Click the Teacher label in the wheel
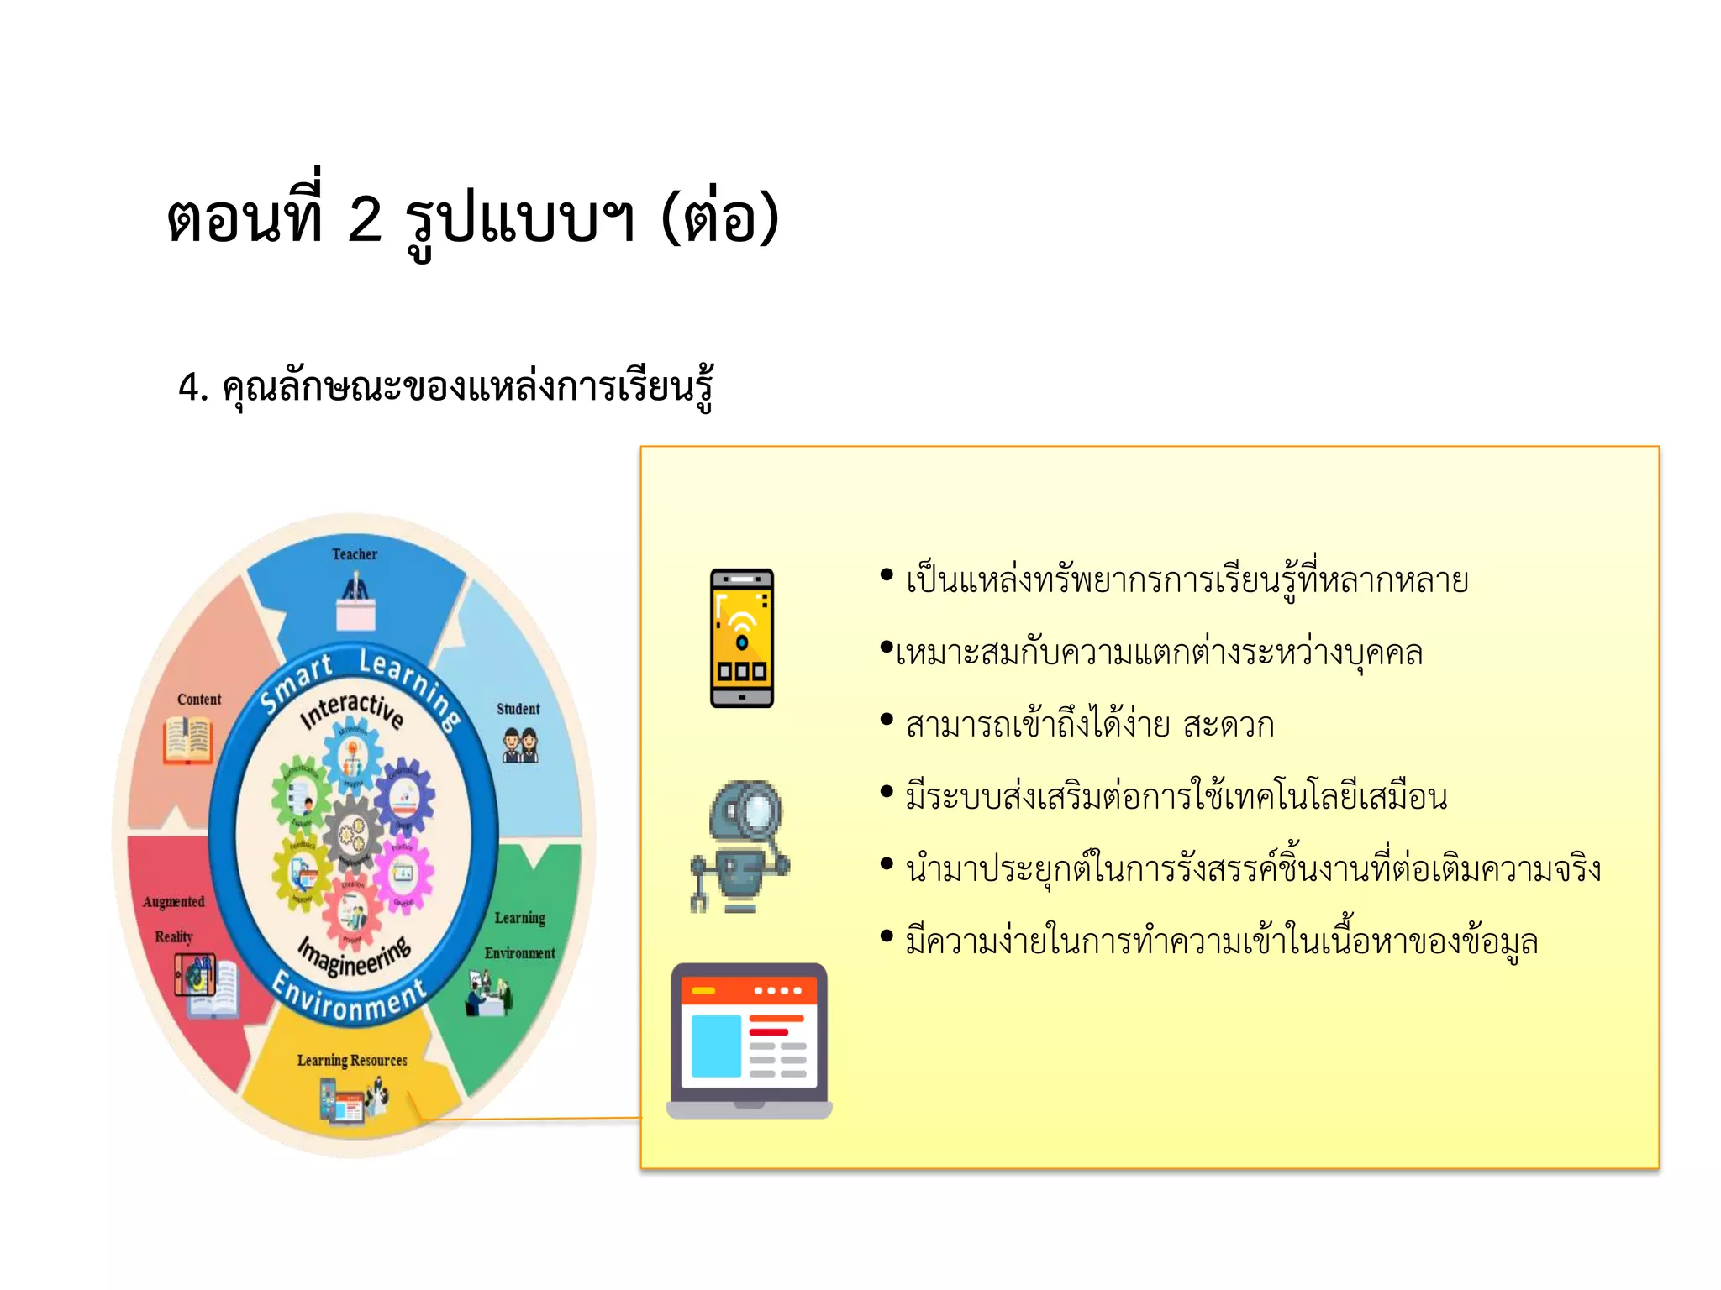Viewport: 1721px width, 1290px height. pyautogui.click(x=354, y=554)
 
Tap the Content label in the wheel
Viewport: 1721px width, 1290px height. pyautogui.click(x=199, y=700)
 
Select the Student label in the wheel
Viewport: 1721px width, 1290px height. pyautogui.click(x=518, y=709)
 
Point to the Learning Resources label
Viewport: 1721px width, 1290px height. pyautogui.click(x=352, y=1060)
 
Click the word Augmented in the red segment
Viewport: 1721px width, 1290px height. pyautogui.click(x=174, y=902)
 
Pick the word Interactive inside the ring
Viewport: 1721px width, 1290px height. pyautogui.click(x=352, y=711)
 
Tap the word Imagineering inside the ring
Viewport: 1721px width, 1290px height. pyautogui.click(x=355, y=956)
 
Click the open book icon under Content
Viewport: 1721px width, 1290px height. pyautogui.click(x=188, y=740)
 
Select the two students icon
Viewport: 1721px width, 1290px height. pyautogui.click(x=520, y=745)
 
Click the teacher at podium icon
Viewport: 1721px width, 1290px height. pyautogui.click(x=355, y=600)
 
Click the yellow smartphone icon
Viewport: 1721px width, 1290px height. pyautogui.click(x=742, y=638)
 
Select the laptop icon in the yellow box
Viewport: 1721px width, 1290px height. pyautogui.click(x=749, y=1041)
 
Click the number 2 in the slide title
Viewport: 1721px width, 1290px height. pyautogui.click(x=365, y=220)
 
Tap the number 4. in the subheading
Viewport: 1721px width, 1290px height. pyautogui.click(x=192, y=388)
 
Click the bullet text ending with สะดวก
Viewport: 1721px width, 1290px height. pyautogui.click(x=1089, y=725)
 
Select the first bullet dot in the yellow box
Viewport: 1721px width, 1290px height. pyautogui.click(x=887, y=575)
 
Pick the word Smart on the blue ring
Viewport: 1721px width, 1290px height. pyautogui.click(x=296, y=683)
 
